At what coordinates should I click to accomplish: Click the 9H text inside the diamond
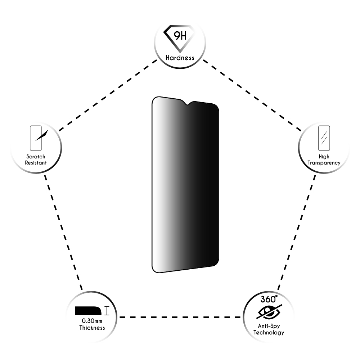[180, 36]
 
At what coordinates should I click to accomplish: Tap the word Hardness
[180, 58]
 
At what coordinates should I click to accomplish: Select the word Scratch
[36, 157]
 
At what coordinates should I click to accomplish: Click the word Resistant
[36, 163]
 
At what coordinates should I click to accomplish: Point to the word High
[324, 157]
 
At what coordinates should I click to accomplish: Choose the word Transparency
[324, 163]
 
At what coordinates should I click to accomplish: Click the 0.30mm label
[92, 321]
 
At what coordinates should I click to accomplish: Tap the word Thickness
[92, 328]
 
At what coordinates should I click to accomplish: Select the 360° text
[269, 299]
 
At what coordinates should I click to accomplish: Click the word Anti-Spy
[269, 326]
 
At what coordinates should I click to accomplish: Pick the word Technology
[269, 332]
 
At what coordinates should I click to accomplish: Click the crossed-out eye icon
[269, 312]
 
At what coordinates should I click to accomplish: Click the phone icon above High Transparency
[324, 138]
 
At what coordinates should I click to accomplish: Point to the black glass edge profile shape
[88, 311]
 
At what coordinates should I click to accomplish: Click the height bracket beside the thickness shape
[107, 311]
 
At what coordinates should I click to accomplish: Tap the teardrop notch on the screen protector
[188, 103]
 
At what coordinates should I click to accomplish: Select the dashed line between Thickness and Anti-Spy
[180, 317]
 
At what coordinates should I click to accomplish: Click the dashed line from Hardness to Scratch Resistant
[108, 95]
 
